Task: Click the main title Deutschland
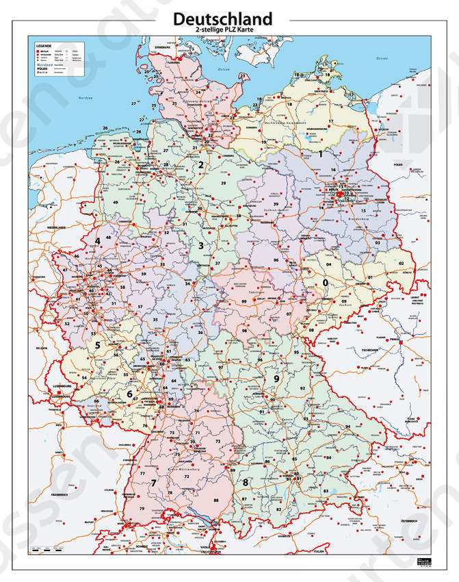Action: (222, 18)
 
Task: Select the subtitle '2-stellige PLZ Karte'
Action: (222, 31)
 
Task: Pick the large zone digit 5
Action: (97, 346)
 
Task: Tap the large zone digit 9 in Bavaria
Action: (276, 379)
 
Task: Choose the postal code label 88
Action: (216, 501)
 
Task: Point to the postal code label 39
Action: (275, 204)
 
